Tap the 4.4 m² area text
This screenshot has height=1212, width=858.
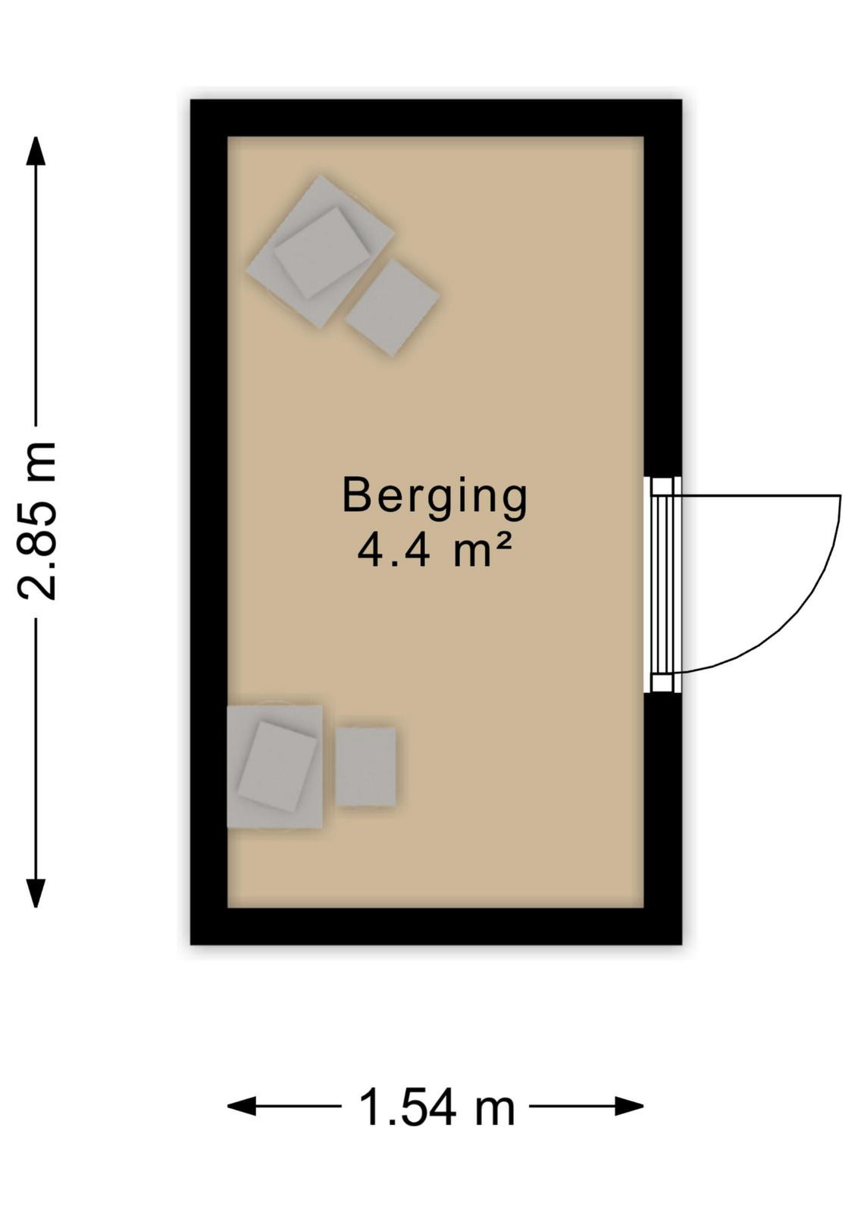click(434, 551)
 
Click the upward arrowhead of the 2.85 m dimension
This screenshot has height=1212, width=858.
click(36, 151)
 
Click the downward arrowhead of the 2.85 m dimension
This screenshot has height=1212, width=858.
click(36, 893)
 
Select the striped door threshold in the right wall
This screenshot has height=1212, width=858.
click(662, 584)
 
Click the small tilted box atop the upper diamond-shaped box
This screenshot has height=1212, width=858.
click(323, 253)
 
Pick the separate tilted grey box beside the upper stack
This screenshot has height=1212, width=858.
click(392, 308)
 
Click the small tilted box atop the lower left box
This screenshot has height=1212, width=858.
click(277, 766)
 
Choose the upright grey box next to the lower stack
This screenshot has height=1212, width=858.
click(365, 767)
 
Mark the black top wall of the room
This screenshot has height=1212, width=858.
click(436, 118)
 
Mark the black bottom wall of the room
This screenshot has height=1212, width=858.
click(436, 926)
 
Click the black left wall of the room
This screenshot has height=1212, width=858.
click(208, 522)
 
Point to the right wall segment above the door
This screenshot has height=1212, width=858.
click(662, 288)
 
